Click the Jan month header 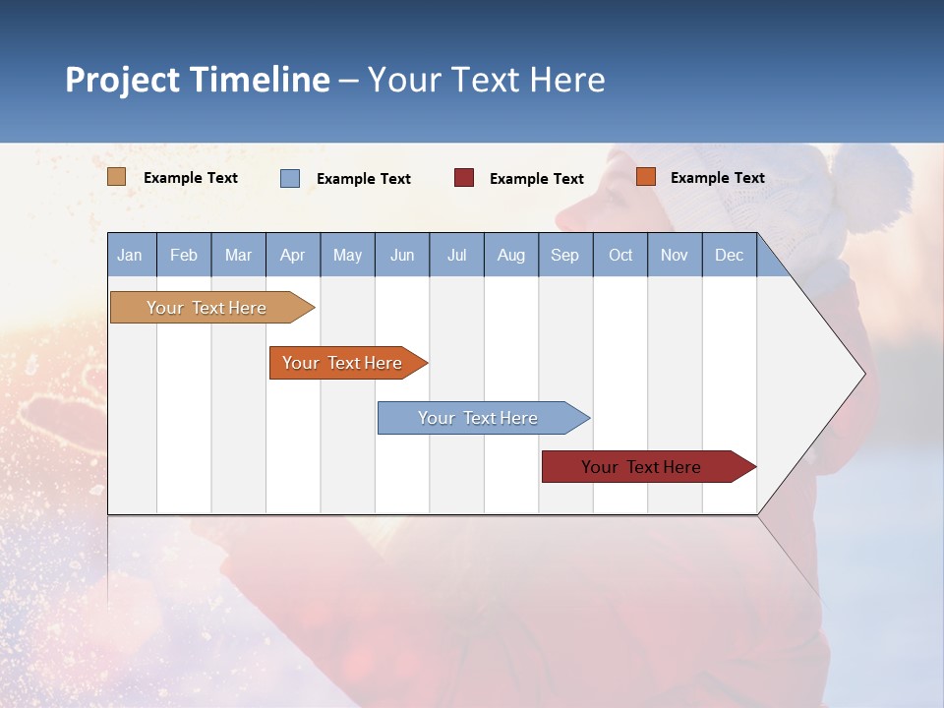pos(130,256)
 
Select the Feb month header pos(184,256)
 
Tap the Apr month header pos(293,256)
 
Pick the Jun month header pos(402,256)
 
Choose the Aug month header pos(511,256)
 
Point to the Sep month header pos(565,256)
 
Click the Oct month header pos(620,256)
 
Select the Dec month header pos(730,256)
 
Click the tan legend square pos(117,177)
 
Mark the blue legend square pos(290,178)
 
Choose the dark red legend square pos(464,178)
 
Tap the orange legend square pos(645,177)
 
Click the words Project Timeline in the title pos(198,80)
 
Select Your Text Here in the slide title pos(487,80)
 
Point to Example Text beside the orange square pos(717,178)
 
